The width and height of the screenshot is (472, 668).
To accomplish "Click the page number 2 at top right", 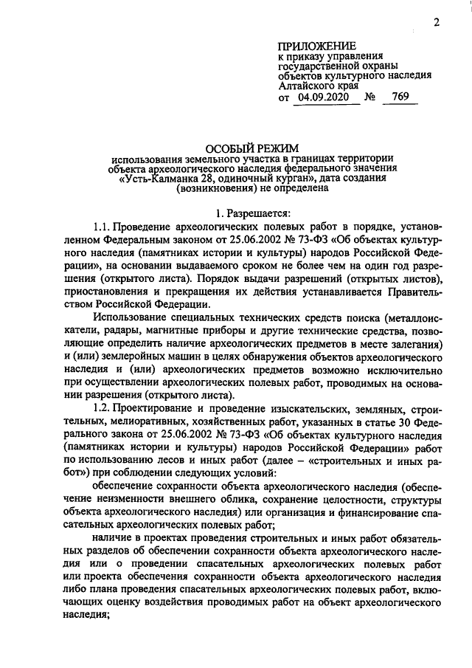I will [436, 22].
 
